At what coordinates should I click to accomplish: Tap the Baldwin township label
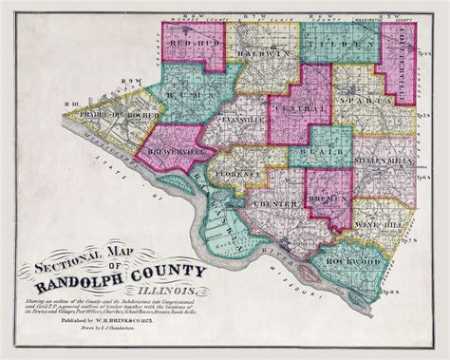pyautogui.click(x=264, y=54)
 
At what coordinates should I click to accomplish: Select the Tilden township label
pyautogui.click(x=337, y=45)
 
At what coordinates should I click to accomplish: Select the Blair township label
pyautogui.click(x=309, y=150)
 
